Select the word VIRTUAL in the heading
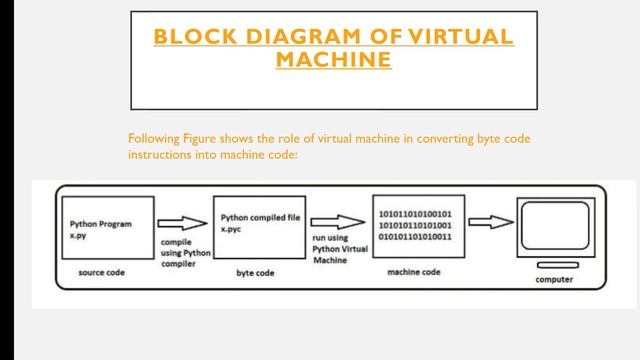point(460,39)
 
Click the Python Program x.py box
point(100,230)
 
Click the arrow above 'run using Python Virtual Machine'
point(335,223)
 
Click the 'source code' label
point(100,272)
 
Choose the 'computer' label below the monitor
point(553,279)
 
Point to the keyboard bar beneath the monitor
point(553,265)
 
